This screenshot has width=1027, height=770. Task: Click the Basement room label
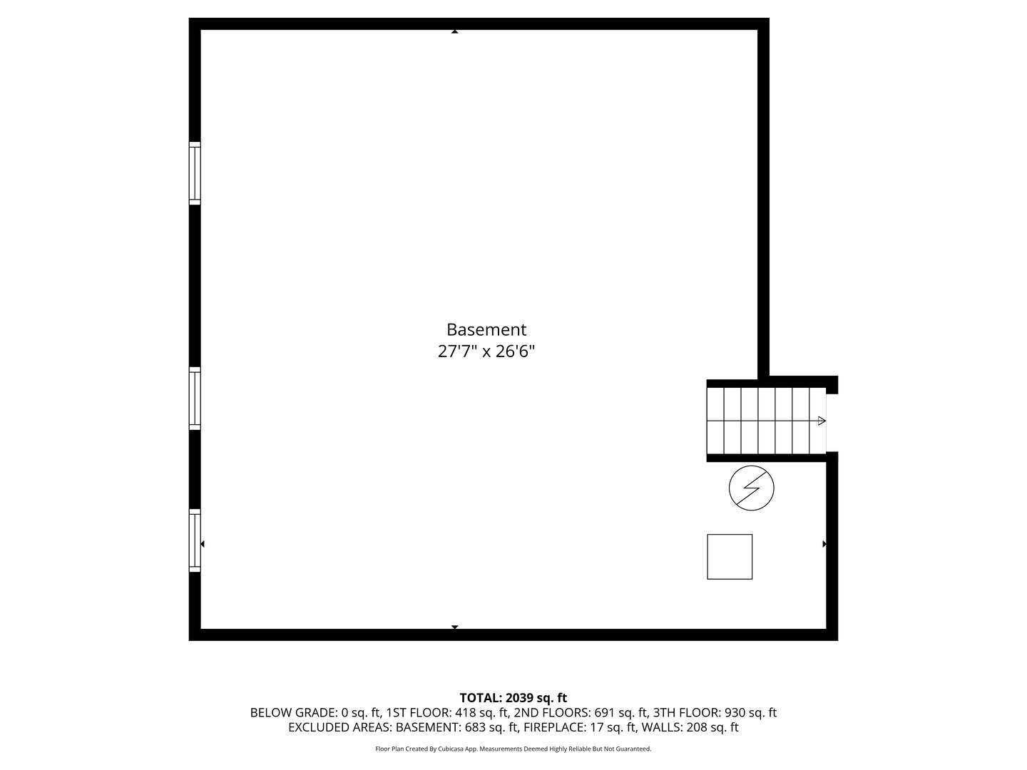point(486,329)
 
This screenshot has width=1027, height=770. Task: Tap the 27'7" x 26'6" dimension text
point(486,351)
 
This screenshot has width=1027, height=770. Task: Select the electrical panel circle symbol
point(751,488)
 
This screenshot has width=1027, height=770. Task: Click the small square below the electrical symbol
point(730,556)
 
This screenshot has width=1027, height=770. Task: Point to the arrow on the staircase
point(822,421)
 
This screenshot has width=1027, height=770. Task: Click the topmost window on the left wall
point(195,173)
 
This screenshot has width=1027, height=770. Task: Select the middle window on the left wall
point(195,398)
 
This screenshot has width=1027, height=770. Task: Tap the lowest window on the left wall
point(195,540)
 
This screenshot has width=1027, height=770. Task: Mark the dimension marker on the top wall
point(454,31)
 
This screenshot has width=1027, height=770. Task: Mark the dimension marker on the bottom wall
point(454,627)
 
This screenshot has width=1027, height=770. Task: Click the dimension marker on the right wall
point(824,544)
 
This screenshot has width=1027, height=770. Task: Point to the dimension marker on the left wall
point(203,544)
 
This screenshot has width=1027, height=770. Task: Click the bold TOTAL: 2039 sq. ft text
point(513,698)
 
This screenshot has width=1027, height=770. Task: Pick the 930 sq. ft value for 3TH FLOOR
point(750,712)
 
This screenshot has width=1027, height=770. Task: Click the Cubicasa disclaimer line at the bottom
point(513,749)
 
